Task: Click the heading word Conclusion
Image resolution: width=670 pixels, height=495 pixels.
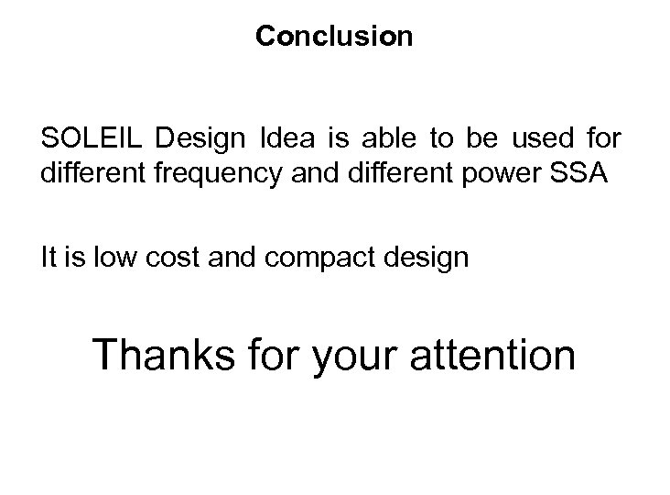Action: click(x=334, y=37)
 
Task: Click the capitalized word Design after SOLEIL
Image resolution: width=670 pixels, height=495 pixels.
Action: click(x=201, y=139)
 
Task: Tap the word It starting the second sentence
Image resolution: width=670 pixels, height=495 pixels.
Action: click(x=49, y=258)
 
